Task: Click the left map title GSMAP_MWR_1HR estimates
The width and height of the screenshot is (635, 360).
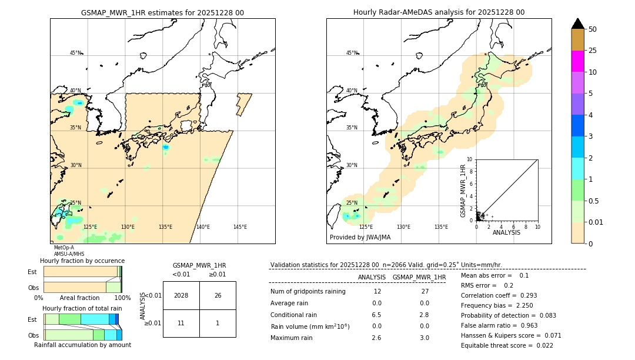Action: click(162, 12)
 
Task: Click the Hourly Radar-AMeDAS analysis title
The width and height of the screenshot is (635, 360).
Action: click(439, 12)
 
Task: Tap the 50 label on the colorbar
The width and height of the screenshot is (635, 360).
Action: click(593, 29)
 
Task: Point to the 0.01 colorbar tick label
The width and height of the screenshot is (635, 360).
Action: click(596, 222)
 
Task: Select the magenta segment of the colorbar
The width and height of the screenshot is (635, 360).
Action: click(577, 61)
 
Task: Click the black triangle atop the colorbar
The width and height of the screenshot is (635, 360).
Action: click(577, 24)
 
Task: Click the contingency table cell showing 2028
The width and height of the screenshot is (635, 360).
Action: click(181, 295)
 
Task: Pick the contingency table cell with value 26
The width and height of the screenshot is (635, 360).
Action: click(218, 295)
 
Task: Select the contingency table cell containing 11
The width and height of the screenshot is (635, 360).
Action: click(181, 323)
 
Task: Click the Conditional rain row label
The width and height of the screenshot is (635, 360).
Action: click(293, 315)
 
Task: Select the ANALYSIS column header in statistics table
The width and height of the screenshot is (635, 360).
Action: click(372, 277)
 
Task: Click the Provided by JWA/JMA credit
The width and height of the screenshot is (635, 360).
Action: click(360, 238)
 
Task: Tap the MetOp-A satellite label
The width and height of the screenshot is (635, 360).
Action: click(65, 248)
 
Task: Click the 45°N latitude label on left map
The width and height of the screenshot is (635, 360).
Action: click(75, 53)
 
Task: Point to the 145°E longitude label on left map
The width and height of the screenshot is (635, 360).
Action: click(240, 227)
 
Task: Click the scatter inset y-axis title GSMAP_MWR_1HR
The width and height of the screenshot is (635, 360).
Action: click(463, 191)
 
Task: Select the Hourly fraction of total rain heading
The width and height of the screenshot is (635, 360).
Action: click(82, 308)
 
